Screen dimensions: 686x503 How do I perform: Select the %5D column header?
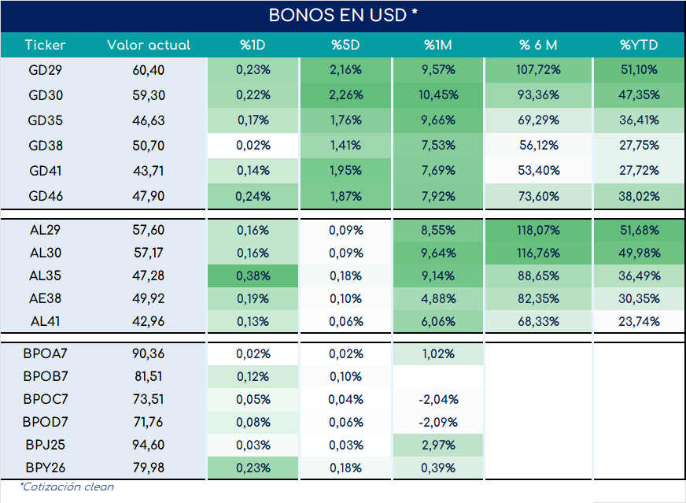[x=345, y=45]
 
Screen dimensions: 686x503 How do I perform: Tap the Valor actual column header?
[x=149, y=45]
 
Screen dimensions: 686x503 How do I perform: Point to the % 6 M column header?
[x=538, y=45]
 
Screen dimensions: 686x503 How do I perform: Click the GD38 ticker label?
[x=46, y=146]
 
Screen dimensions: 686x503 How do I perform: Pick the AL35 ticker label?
[x=46, y=276]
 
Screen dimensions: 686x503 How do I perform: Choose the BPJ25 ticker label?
[x=46, y=445]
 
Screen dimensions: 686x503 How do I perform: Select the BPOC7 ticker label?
[x=46, y=399]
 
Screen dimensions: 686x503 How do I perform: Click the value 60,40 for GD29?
[x=149, y=70]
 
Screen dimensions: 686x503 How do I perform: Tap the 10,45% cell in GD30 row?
[x=438, y=95]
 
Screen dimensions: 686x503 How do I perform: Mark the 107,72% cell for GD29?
[x=538, y=70]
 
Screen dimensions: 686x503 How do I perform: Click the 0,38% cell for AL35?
[x=253, y=276]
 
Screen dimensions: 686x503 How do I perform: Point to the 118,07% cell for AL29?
[x=538, y=231]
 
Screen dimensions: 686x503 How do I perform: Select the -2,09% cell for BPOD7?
[x=438, y=422]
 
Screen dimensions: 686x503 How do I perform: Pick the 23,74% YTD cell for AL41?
[x=639, y=321]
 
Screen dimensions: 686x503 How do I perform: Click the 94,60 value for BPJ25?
[x=149, y=445]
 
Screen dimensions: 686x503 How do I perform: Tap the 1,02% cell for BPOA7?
[x=438, y=353]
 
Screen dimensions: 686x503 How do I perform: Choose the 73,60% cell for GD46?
[x=538, y=196]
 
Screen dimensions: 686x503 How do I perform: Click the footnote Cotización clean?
[x=67, y=486]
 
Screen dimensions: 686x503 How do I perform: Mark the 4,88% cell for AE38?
[x=438, y=298]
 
